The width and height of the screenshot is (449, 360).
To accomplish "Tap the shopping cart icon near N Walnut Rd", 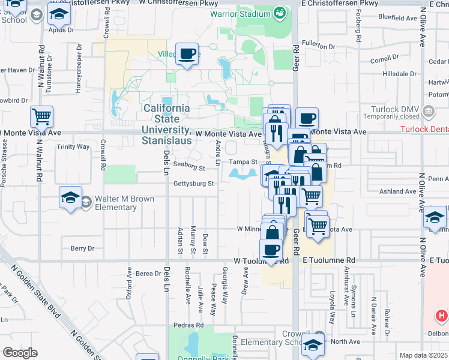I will [41, 116].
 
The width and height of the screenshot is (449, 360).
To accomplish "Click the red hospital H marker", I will [442, 314].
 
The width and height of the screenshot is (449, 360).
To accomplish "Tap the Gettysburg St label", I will [194, 184].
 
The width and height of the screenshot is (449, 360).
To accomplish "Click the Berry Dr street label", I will [83, 248].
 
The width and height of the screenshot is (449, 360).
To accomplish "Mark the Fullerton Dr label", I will [318, 46].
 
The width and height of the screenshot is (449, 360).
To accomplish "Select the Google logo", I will [20, 353].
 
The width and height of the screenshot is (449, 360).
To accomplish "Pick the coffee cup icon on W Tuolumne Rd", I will [271, 250].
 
